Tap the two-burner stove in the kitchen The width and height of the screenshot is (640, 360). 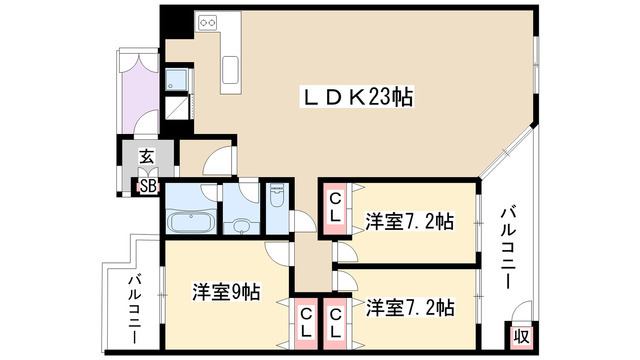(x=210, y=20)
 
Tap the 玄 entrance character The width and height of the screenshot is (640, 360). (x=146, y=157)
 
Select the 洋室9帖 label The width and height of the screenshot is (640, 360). (x=226, y=293)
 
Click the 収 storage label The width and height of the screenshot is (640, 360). (x=521, y=336)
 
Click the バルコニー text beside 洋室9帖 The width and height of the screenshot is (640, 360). (x=134, y=310)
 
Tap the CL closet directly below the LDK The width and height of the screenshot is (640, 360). (x=336, y=208)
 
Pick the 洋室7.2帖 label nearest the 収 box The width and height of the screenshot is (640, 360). (x=409, y=306)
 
